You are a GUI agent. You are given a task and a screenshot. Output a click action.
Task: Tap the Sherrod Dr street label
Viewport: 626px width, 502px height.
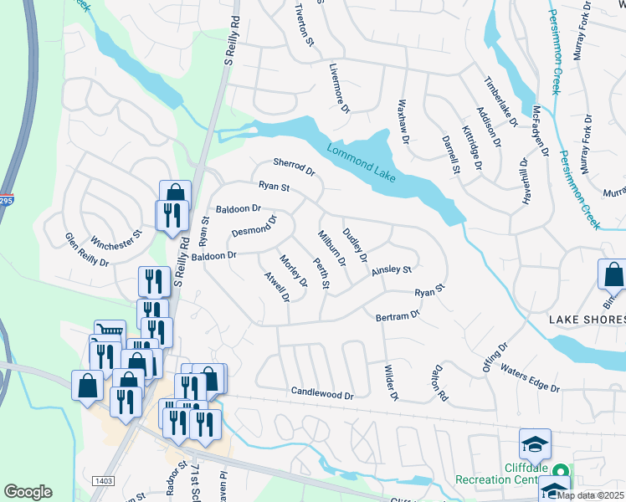point(293,167)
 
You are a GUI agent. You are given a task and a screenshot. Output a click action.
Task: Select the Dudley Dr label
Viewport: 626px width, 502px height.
point(355,245)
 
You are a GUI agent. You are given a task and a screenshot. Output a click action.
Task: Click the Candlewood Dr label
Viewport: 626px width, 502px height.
point(323,392)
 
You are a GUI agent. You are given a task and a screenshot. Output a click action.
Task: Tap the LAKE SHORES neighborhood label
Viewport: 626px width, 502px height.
point(586,320)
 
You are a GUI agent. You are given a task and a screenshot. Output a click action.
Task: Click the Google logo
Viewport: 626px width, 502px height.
point(28,492)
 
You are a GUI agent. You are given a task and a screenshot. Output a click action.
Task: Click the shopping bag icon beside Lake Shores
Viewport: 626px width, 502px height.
point(612,274)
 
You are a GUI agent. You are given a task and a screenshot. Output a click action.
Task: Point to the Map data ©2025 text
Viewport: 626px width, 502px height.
point(590,495)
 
